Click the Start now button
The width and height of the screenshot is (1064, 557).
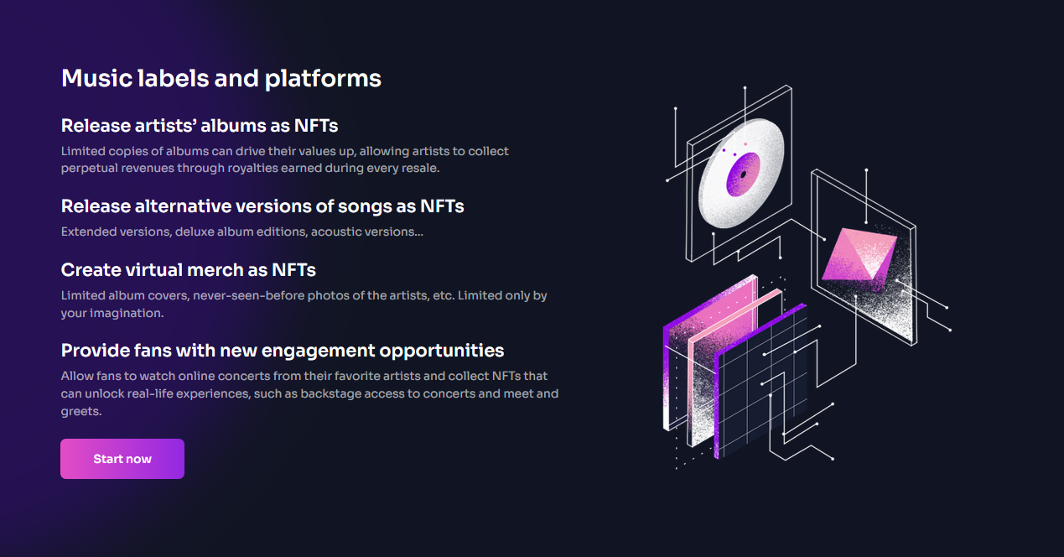(122, 459)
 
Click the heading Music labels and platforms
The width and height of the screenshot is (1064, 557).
(221, 78)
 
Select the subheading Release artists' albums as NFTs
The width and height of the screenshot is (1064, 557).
(200, 126)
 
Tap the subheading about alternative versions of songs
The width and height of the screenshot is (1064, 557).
(262, 206)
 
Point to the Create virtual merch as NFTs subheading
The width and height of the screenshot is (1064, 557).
(188, 270)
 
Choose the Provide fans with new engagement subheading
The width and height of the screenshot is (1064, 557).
(283, 351)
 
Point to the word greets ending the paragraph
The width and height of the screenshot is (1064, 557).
(80, 412)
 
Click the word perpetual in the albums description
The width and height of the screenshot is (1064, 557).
(89, 169)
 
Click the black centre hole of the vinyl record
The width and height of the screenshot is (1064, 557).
(744, 174)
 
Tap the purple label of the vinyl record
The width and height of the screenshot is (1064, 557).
(744, 174)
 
